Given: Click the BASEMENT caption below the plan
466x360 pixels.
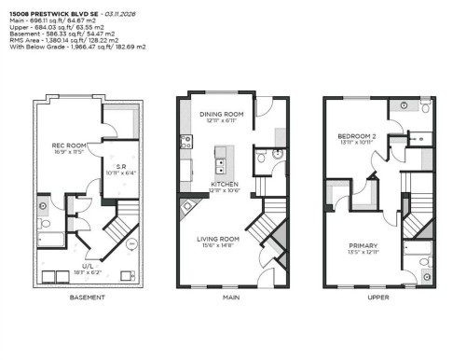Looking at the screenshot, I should pyautogui.click(x=87, y=298).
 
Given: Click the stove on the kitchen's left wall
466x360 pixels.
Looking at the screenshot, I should pyautogui.click(x=185, y=142).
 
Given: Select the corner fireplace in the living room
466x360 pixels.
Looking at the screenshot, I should pyautogui.click(x=189, y=206).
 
